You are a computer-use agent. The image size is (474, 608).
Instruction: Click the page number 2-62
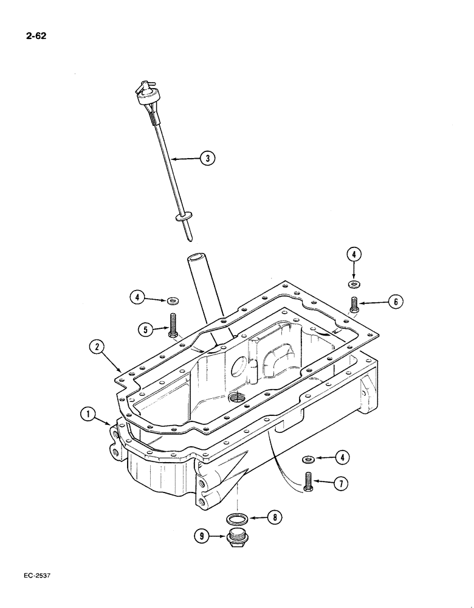pos(36,36)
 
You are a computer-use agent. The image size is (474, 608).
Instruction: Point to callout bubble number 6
pos(396,301)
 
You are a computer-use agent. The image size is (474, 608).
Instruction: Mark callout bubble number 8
pos(275,518)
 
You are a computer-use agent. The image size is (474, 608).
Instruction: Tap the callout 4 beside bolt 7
pos(344,457)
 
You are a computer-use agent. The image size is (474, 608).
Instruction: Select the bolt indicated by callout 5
pos(174,325)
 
